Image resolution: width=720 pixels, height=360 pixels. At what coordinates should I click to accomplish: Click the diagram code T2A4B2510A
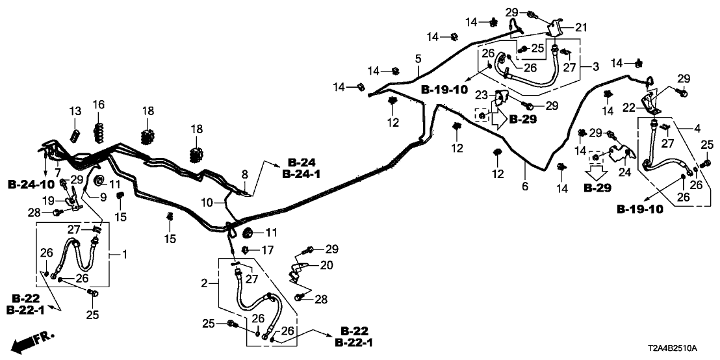[x=683, y=348]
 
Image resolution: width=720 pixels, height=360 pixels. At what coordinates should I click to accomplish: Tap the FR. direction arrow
[x=32, y=341]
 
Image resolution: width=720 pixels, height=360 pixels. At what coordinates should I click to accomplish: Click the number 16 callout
[x=99, y=105]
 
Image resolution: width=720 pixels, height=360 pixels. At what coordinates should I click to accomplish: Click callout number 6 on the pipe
[x=525, y=187]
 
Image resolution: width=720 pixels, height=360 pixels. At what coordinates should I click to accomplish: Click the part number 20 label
[x=326, y=264]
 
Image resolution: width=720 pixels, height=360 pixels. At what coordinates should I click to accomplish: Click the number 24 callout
[x=624, y=173]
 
